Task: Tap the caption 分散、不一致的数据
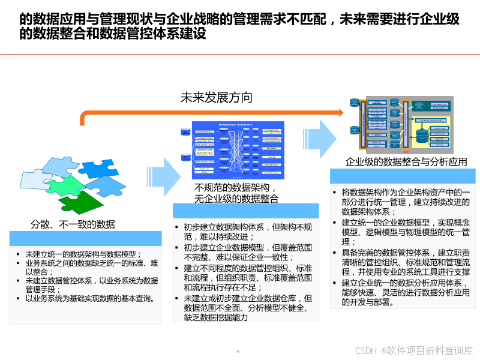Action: [x=73, y=224]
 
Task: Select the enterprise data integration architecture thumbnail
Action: [x=401, y=125]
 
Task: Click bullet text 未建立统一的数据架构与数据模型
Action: [x=83, y=254]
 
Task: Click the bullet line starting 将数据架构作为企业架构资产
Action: [x=406, y=193]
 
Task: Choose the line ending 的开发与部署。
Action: [x=368, y=302]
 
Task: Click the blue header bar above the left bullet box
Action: [x=86, y=239]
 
